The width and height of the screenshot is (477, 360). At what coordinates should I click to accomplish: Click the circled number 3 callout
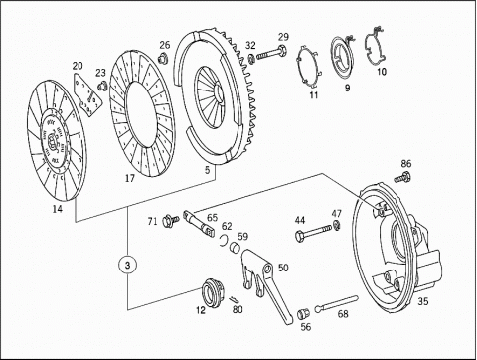click(x=128, y=265)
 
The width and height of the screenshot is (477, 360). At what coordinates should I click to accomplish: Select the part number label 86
click(x=406, y=163)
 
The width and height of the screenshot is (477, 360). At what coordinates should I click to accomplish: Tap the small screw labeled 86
click(x=402, y=177)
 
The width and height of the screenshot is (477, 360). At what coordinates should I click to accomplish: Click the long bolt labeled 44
click(x=313, y=232)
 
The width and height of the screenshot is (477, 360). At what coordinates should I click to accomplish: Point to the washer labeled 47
click(x=337, y=225)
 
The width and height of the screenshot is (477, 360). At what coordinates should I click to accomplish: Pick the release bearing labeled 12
click(x=213, y=292)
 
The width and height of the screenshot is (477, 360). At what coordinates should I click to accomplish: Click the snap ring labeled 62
click(x=224, y=241)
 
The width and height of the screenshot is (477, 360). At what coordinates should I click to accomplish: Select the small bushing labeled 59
click(x=235, y=247)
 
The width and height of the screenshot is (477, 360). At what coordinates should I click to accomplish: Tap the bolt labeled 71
click(x=170, y=220)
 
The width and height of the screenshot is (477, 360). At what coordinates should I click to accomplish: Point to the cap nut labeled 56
click(x=303, y=313)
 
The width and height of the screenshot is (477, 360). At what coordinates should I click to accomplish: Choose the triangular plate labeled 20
click(x=86, y=94)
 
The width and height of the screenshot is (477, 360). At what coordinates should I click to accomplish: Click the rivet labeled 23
click(x=101, y=86)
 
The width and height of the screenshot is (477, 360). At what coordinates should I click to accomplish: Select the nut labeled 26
click(x=163, y=57)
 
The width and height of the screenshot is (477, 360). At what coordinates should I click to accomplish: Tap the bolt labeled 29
click(x=271, y=53)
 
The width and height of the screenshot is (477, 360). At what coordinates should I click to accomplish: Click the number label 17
click(x=130, y=178)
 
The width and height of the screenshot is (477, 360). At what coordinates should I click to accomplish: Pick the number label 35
click(x=423, y=301)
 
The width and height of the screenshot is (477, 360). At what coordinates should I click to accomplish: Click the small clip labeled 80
click(x=234, y=299)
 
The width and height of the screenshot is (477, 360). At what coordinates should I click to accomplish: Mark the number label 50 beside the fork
click(x=283, y=268)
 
